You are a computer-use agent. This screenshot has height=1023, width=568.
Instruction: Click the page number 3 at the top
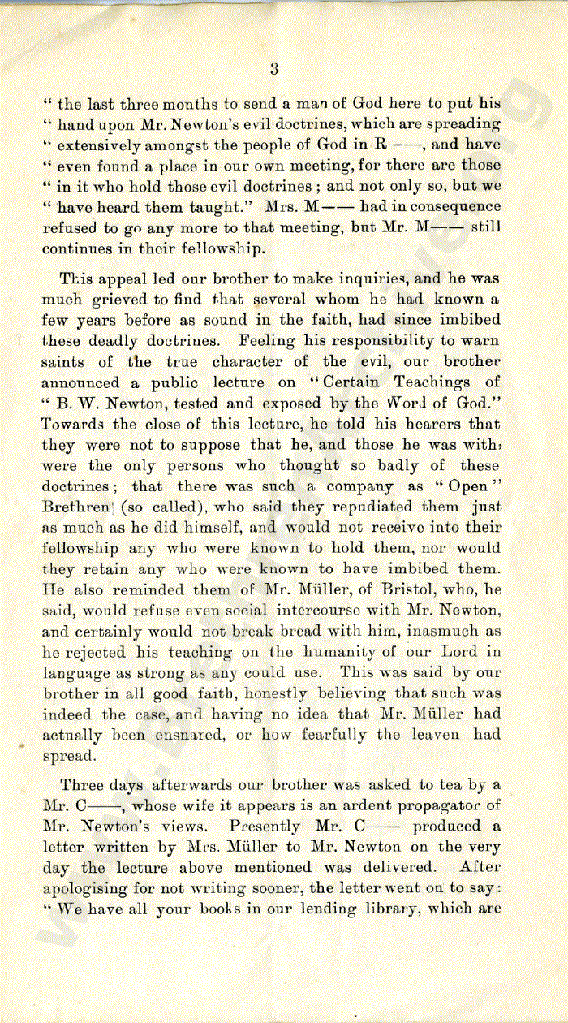click(274, 69)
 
